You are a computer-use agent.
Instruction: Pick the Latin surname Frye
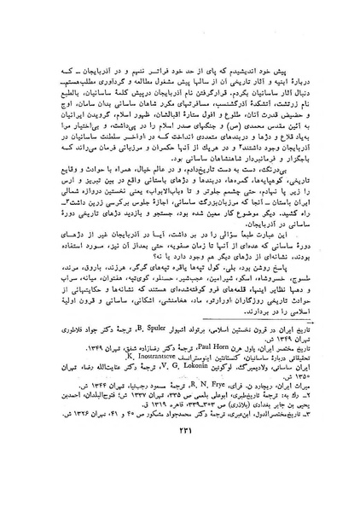[x=201, y=413]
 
